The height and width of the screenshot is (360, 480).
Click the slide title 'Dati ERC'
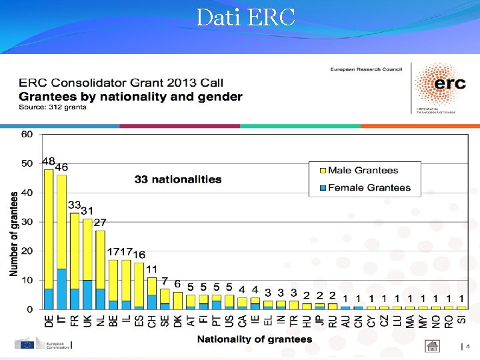pos(245,17)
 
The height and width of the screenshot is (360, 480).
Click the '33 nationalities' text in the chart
pos(178,179)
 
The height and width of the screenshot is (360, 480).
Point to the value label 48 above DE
pos(49,161)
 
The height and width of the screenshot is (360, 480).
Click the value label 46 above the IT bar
pos(61,167)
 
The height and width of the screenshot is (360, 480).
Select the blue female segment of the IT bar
pos(61,289)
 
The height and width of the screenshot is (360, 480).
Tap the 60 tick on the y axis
pos(27,134)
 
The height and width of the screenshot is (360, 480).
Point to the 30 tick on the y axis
pos(27,222)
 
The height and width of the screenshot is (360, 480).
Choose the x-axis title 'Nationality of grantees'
pos(254,339)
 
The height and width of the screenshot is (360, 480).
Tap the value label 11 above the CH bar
pos(151,269)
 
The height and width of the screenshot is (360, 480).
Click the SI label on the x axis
pos(462,320)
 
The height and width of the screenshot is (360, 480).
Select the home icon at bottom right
pos(433,346)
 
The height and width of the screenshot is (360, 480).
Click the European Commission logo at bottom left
pos(43,345)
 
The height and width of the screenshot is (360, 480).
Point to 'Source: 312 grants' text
pos(53,107)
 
